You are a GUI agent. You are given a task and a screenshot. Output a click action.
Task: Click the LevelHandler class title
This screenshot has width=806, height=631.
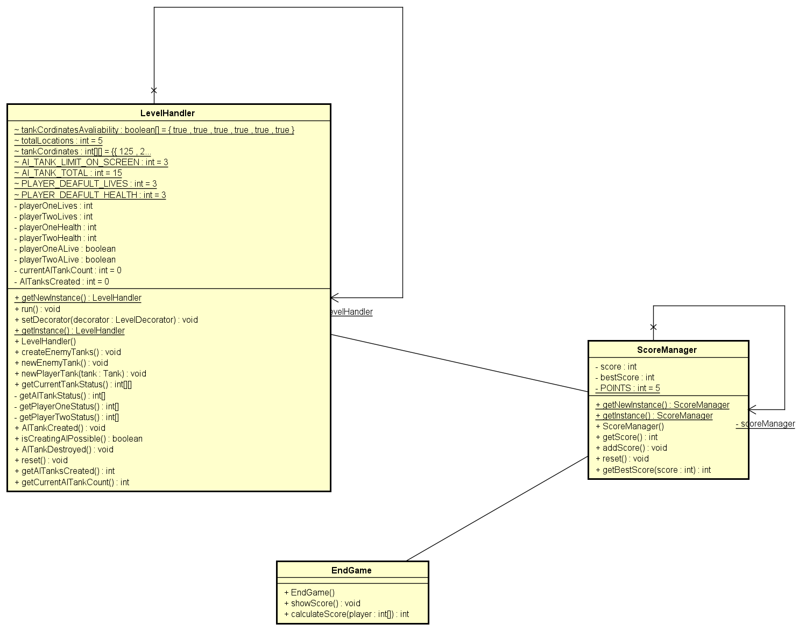point(167,113)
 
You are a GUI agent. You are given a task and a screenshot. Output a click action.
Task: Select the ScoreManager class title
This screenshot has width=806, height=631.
point(667,350)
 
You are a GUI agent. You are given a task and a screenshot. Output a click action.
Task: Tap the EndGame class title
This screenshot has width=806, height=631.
point(351,570)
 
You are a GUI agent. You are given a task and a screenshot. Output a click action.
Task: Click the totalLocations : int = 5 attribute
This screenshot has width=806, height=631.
point(58,140)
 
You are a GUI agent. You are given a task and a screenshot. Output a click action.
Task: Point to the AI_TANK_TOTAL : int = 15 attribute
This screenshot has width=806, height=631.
point(68,173)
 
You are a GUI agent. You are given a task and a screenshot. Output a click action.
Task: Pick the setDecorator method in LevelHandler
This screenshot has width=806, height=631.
point(106,320)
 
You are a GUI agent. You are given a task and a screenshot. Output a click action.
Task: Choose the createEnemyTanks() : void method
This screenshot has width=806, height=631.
point(67,352)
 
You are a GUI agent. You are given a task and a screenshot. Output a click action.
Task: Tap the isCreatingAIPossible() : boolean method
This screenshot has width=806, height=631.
point(78,438)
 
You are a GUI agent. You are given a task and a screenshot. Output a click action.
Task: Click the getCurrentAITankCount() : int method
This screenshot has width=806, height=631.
point(72,482)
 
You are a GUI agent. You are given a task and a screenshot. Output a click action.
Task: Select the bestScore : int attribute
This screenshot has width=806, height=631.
point(625,377)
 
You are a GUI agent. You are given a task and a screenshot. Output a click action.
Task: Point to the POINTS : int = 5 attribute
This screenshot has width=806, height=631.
point(627,388)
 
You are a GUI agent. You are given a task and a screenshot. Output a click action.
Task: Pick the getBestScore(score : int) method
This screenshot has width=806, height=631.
point(653,470)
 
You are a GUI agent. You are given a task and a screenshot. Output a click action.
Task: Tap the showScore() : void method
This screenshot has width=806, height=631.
point(322,603)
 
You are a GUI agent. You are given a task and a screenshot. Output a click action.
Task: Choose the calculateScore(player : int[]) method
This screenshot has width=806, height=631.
point(346,614)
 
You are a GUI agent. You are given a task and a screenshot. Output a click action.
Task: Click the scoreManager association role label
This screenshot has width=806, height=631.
point(765,424)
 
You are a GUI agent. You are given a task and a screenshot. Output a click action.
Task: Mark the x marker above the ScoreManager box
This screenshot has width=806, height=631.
point(653,327)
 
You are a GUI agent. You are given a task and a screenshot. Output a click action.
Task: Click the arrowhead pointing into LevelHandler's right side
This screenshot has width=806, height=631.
point(335,297)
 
